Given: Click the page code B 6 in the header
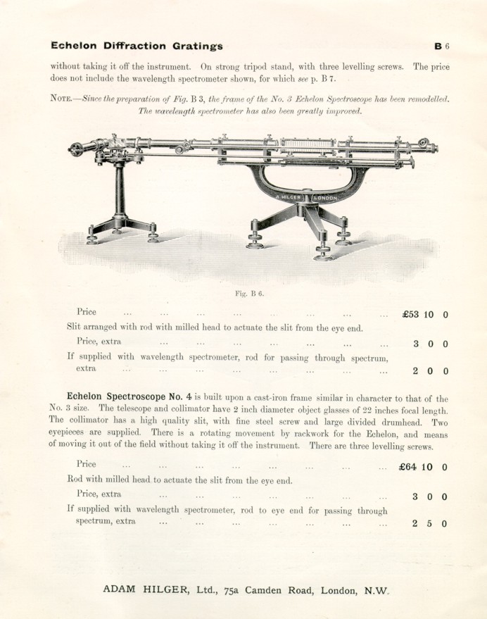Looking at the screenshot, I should pyautogui.click(x=441, y=46).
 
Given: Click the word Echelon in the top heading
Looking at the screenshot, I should pyautogui.click(x=73, y=46).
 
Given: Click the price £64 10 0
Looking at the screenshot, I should pyautogui.click(x=423, y=467).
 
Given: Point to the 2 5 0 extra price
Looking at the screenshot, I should pyautogui.click(x=429, y=524).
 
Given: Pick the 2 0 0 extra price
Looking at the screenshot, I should pyautogui.click(x=429, y=371).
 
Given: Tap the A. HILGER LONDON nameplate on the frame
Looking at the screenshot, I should pyautogui.click(x=306, y=198).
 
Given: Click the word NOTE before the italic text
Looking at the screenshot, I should pyautogui.click(x=63, y=99).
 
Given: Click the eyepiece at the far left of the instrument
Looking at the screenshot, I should pyautogui.click(x=76, y=149).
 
